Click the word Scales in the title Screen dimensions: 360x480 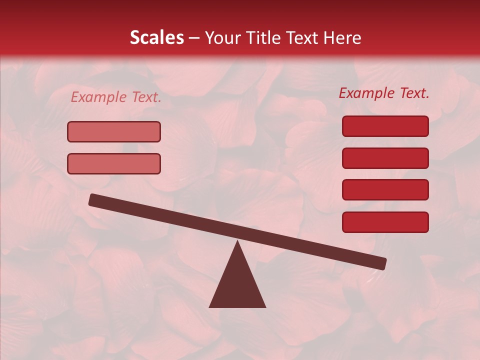click(x=156, y=37)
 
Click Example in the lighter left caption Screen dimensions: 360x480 click(x=98, y=97)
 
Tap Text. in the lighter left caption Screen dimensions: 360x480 click(x=145, y=97)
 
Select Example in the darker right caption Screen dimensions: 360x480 click(x=366, y=93)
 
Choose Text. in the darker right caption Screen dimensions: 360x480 click(x=414, y=93)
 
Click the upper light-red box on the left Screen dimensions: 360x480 click(x=114, y=132)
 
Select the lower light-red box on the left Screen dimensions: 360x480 click(x=114, y=163)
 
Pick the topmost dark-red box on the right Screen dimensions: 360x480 click(x=385, y=126)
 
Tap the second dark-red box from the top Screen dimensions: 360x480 click(x=385, y=158)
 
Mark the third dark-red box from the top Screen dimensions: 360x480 click(x=385, y=190)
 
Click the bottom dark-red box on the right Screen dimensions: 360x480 click(x=385, y=222)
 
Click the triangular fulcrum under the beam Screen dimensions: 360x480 click(x=237, y=285)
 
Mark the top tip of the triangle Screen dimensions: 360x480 click(x=237, y=242)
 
